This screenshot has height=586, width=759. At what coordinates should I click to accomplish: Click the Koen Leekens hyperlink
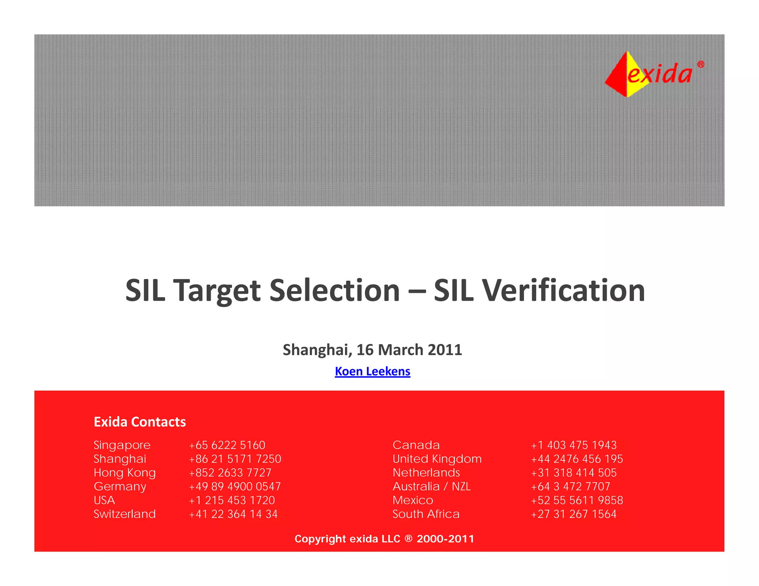[x=372, y=371]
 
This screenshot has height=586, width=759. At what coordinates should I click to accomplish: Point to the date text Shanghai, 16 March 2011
[x=372, y=350]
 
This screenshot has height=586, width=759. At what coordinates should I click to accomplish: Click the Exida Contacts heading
[x=140, y=422]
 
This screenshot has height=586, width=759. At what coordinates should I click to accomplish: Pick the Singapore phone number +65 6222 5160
[x=227, y=445]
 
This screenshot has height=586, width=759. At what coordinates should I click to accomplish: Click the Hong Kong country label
[x=125, y=473]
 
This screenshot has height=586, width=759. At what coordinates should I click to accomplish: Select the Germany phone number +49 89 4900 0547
[x=235, y=486]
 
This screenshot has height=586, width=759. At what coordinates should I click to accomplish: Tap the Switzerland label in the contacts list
[x=125, y=514]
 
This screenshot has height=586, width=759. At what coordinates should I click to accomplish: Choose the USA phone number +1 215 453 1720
[x=232, y=500]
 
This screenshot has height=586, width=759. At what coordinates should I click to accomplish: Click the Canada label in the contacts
[x=416, y=445]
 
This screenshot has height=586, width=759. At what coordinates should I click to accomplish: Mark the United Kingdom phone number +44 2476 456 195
[x=577, y=459]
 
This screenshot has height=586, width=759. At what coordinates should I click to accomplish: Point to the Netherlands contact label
[x=426, y=473]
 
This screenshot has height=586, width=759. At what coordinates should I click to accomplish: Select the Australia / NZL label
[x=432, y=486]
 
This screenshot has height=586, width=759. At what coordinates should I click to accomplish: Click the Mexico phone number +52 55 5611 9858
[x=577, y=500]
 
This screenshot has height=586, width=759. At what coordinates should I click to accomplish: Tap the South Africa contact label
[x=426, y=514]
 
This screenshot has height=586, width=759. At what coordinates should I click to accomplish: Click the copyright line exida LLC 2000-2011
[x=384, y=539]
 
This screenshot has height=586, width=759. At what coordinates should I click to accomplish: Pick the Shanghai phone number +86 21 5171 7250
[x=235, y=459]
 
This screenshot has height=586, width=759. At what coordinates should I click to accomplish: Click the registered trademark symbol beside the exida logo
[x=700, y=64]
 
